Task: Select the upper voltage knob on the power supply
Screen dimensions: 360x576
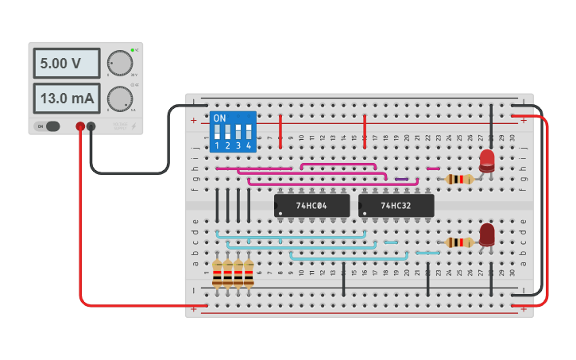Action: (120, 63)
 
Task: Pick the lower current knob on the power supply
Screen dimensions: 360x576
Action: (120, 99)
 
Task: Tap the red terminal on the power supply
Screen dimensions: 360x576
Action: (80, 126)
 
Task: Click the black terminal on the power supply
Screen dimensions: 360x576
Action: (91, 126)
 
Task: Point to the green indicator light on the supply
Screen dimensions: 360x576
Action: (133, 50)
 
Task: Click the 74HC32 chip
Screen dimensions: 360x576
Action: (396, 205)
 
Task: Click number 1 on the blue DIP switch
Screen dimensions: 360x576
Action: (217, 146)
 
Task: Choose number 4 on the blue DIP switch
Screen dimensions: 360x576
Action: (249, 146)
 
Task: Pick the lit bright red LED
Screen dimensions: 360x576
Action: (487, 161)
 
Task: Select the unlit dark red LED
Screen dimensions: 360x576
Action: (487, 234)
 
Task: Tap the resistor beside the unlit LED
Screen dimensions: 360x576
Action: (459, 242)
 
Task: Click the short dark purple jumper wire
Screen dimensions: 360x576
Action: (402, 180)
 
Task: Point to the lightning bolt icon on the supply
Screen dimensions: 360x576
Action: (133, 126)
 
